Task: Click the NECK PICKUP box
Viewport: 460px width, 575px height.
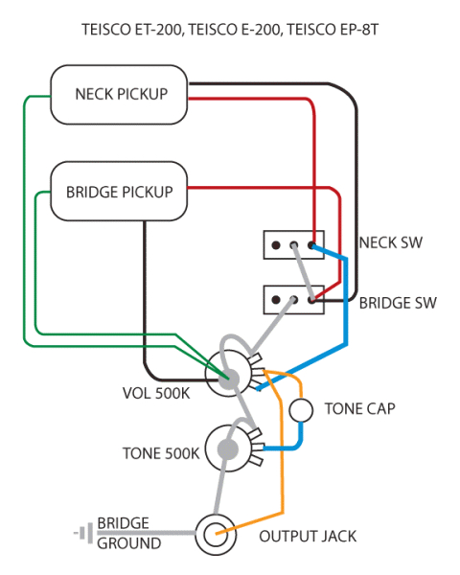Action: pos(121,94)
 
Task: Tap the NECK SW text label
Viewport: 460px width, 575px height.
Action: pos(390,242)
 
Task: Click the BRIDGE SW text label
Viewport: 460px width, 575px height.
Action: pos(398,303)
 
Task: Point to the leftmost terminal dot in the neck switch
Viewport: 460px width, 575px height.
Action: pos(276,245)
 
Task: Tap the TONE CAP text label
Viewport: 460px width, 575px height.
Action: pos(360,408)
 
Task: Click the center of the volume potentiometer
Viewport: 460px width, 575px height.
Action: pos(230,378)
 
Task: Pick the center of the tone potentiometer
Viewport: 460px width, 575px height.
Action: pos(228,448)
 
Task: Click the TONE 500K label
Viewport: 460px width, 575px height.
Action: pos(160,452)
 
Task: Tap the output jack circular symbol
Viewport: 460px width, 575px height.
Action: pos(216,534)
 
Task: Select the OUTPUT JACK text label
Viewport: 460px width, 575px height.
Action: pos(308,536)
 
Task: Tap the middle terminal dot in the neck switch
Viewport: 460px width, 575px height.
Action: pos(294,245)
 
